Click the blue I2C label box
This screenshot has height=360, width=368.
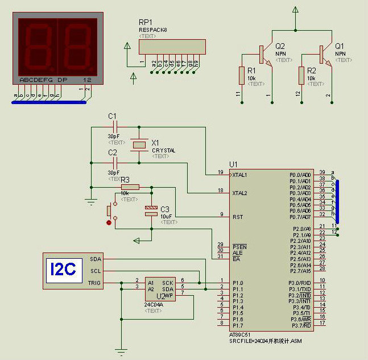tap(63, 268)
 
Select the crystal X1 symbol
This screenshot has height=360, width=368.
tap(139, 145)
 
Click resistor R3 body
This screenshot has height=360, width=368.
tap(130, 187)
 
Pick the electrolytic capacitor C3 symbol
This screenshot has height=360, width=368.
tap(151, 211)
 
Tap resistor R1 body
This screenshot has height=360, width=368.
tap(242, 75)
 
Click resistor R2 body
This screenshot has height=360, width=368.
tap(301, 75)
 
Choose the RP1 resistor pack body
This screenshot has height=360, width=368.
tap(172, 47)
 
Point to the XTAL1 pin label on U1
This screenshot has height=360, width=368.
tap(239, 175)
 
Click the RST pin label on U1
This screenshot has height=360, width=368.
tap(238, 217)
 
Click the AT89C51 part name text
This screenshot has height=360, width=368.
tap(241, 335)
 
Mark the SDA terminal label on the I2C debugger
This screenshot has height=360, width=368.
tap(95, 259)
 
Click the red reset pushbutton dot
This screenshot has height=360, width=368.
tap(109, 222)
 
